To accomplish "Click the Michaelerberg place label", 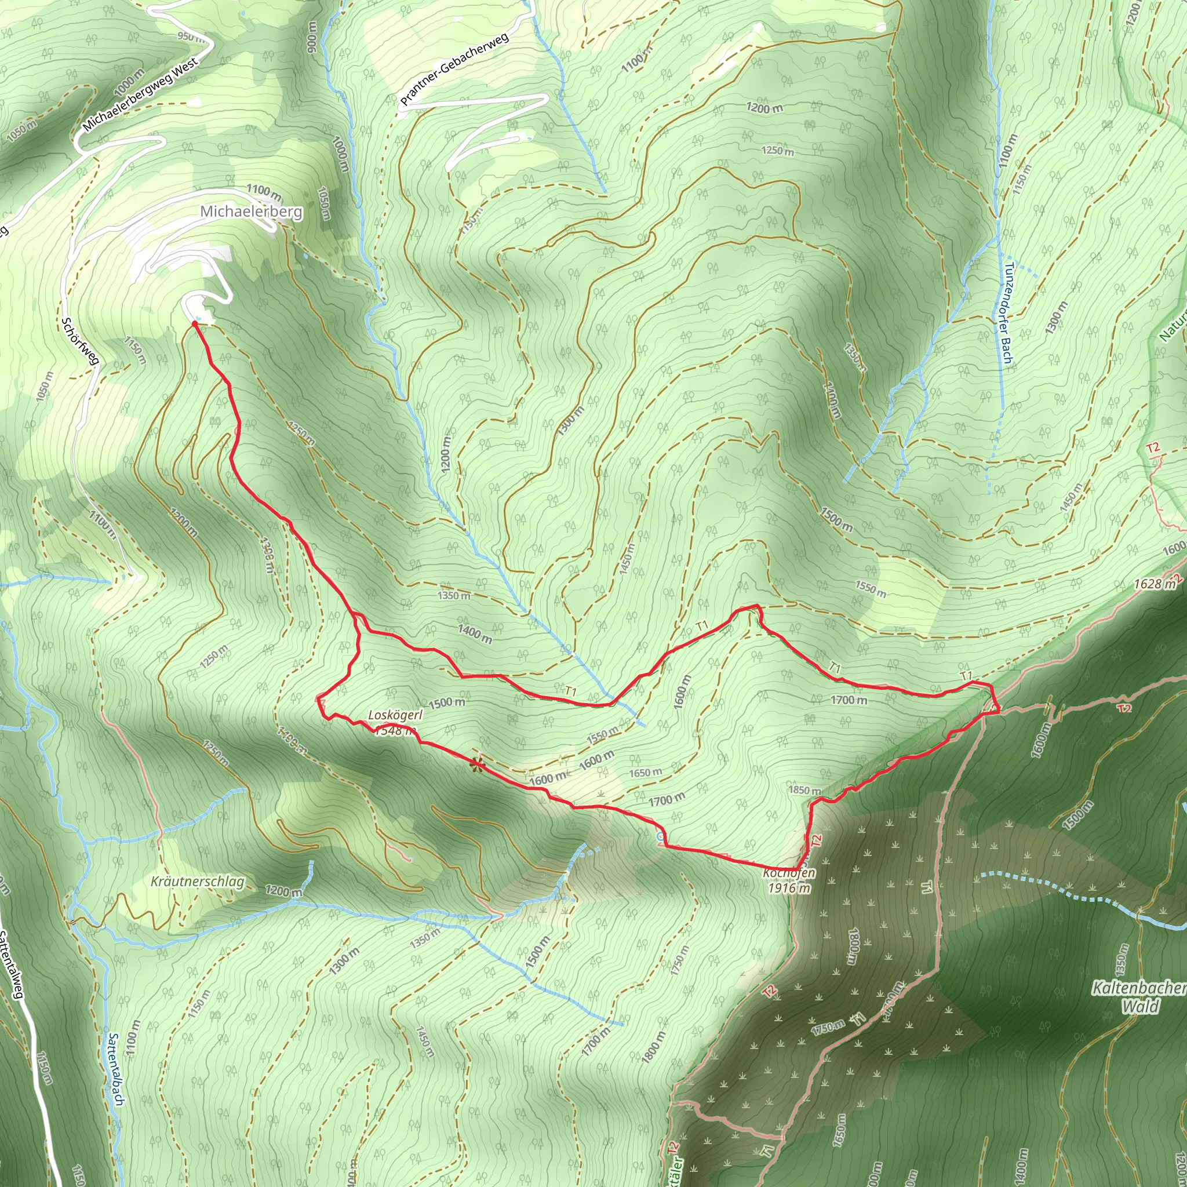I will pyautogui.click(x=252, y=212).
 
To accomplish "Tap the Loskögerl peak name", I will pyautogui.click(x=395, y=715).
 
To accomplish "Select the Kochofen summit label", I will pyautogui.click(x=789, y=873).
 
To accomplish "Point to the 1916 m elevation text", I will pyautogui.click(x=789, y=888).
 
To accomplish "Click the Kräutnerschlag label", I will pyautogui.click(x=198, y=882).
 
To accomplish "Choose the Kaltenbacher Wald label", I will pyautogui.click(x=1139, y=997).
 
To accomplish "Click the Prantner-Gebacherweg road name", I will pyautogui.click(x=454, y=68).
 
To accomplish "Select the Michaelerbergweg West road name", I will pyautogui.click(x=141, y=94).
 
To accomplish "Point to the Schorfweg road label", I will pyautogui.click(x=80, y=341).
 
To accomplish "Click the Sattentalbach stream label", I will pyautogui.click(x=115, y=1069).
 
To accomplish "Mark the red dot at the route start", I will pyautogui.click(x=195, y=324).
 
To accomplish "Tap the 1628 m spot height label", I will pyautogui.click(x=1155, y=584).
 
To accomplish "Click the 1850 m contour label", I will pyautogui.click(x=804, y=790).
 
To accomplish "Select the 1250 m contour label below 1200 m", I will pyautogui.click(x=777, y=151).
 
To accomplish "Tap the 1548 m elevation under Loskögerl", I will pyautogui.click(x=395, y=730).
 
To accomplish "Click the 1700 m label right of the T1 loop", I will pyautogui.click(x=849, y=700).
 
